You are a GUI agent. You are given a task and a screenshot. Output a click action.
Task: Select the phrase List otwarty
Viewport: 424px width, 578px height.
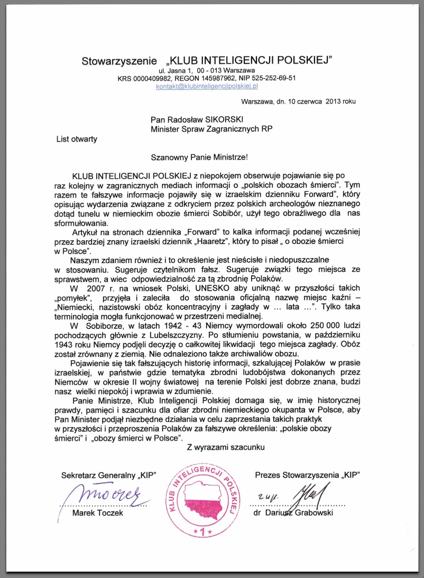(77, 139)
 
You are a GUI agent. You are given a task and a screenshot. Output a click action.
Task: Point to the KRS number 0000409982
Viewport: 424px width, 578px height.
(154, 78)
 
